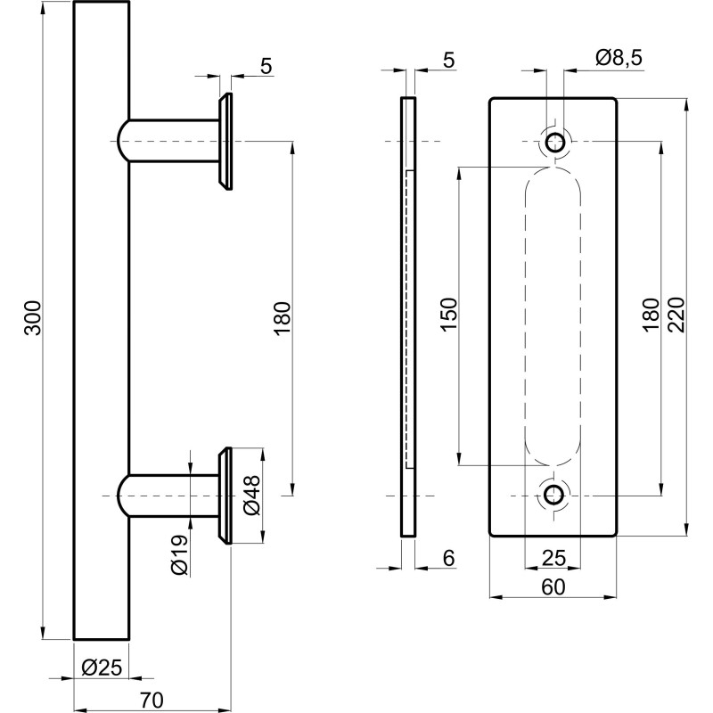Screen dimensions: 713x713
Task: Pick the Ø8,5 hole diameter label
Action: click(618, 59)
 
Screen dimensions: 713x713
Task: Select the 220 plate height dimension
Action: click(675, 316)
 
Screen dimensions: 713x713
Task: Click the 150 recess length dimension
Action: click(448, 315)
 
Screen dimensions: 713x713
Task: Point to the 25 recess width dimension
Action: click(553, 558)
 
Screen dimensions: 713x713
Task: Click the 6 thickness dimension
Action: click(448, 558)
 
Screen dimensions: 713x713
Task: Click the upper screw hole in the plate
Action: click(555, 141)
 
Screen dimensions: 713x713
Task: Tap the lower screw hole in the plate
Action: click(554, 495)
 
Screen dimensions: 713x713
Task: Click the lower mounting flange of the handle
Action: click(226, 495)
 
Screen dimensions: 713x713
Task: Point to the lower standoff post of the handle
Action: click(174, 495)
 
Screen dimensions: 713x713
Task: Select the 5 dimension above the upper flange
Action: click(265, 66)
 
